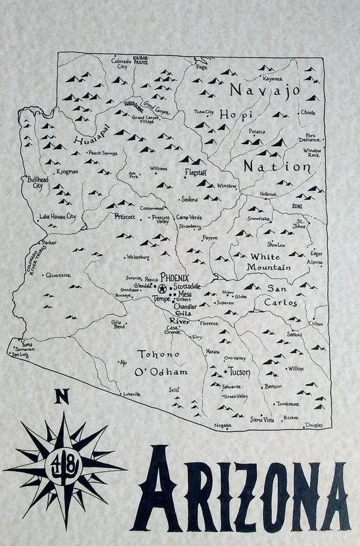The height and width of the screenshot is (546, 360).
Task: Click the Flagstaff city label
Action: [x=195, y=172]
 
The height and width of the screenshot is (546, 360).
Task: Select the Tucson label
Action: [x=238, y=372]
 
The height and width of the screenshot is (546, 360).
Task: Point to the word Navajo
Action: [x=263, y=91]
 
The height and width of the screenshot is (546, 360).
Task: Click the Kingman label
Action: [x=67, y=171]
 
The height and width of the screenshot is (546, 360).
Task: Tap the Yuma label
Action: [x=26, y=344]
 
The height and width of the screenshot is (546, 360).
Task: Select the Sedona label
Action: [x=189, y=199]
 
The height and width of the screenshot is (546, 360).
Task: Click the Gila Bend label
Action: [x=119, y=324]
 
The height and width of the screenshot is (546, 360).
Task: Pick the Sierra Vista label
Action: [x=261, y=419]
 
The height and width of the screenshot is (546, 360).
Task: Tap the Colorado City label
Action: [x=123, y=63]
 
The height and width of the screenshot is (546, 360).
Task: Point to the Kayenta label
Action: [x=273, y=79]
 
